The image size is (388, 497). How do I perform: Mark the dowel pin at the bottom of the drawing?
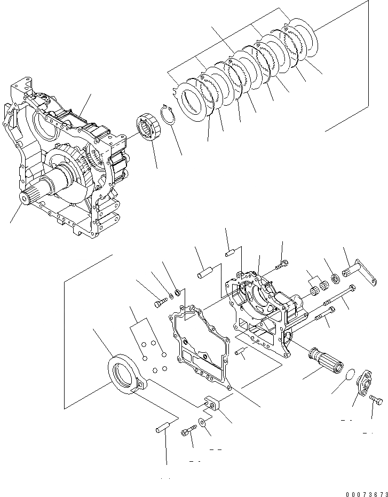click(163, 427)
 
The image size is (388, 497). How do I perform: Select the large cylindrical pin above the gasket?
click(204, 272)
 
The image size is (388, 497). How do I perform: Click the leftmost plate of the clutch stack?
click(192, 100)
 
